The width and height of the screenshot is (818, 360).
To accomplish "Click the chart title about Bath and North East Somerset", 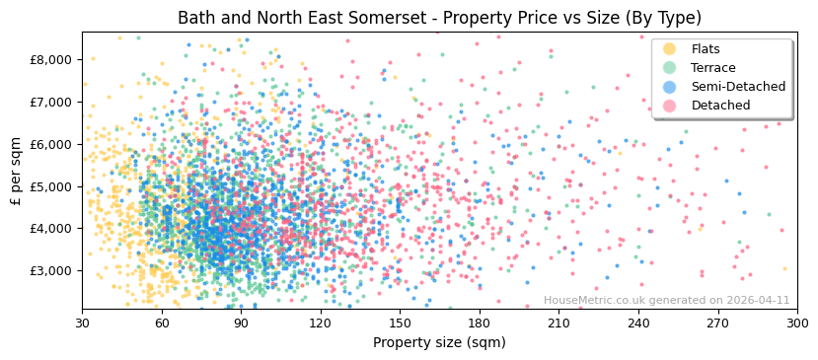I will pos(439,18).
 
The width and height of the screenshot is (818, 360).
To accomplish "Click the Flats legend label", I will pos(706,49).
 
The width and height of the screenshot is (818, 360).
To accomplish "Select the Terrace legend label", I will pos(713,68).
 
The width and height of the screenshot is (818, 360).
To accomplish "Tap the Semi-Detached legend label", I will pos(738,87).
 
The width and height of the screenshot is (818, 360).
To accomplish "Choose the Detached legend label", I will pos(720,106).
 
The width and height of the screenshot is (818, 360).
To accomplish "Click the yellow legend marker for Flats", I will pos(669,49).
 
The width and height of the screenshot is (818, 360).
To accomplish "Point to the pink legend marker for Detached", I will pos(669,106).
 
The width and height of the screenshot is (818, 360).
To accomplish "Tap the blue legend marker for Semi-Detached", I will pos(669,87).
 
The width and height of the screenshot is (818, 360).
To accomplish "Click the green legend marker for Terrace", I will pos(669,68).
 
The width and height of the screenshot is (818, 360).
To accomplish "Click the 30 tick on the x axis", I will pos(83,323).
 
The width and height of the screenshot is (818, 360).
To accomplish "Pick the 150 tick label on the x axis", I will pos(400,323).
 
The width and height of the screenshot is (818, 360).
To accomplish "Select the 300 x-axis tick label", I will pos(796,323).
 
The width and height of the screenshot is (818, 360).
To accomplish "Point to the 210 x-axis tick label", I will pos(558,323).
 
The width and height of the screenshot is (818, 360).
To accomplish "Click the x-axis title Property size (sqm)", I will pos(439,342).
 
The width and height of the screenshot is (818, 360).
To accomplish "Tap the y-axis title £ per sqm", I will pos(16,170).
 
